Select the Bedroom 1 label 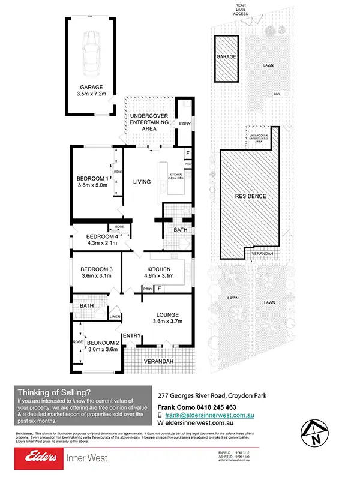(92, 178)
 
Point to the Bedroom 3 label (97, 268)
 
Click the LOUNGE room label (167, 314)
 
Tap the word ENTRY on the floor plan (131, 335)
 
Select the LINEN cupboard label (115, 316)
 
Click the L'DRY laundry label (185, 124)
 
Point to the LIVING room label (142, 182)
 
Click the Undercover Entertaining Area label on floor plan (149, 122)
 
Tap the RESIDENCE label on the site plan (250, 196)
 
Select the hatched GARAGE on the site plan (227, 56)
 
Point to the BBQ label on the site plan (277, 94)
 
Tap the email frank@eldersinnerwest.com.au (206, 414)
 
